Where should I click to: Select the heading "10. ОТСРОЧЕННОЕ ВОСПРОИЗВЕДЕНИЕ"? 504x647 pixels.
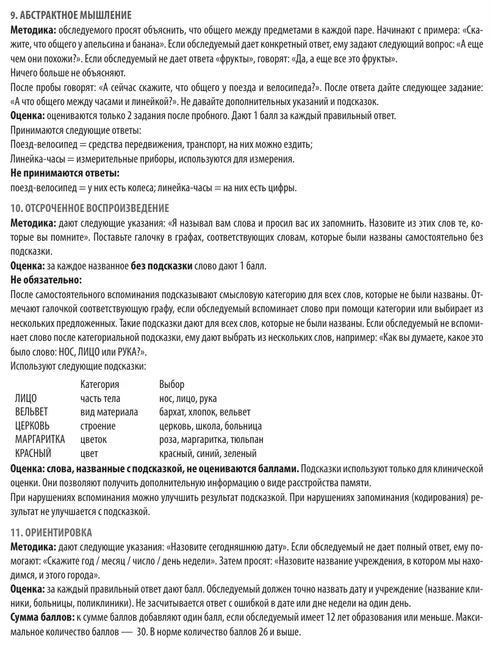pos(90,208)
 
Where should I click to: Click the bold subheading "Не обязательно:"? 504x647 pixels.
pos(46,280)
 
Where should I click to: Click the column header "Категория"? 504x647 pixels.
pos(99,384)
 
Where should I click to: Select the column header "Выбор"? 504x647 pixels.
pos(171,384)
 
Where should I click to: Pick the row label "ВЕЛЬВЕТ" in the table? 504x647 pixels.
pos(31,412)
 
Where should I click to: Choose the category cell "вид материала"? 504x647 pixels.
pos(109,412)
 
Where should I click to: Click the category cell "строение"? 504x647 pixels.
pos(98,426)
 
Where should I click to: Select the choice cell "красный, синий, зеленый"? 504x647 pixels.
pos(207,454)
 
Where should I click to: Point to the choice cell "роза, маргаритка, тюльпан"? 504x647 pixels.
pos(211,440)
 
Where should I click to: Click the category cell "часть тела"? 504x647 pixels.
pos(100,398)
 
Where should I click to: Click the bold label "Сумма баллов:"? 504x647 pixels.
pos(41,618)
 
